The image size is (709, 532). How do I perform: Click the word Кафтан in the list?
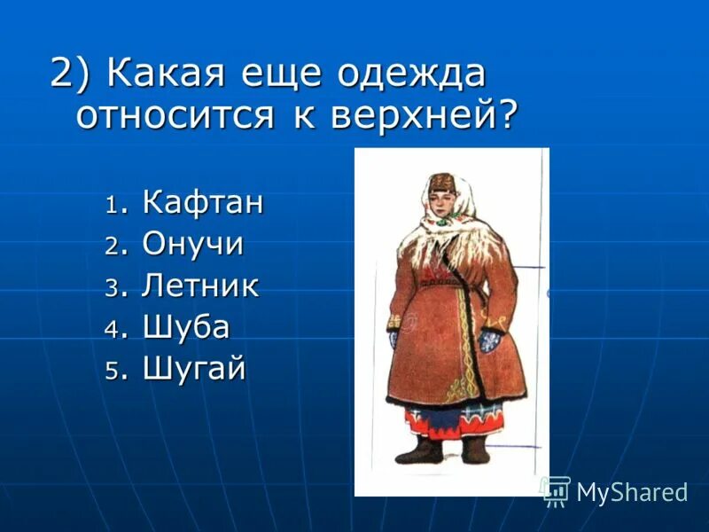[x=203, y=202]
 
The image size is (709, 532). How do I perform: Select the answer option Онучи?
[x=192, y=244]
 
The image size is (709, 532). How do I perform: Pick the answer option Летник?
[x=200, y=286]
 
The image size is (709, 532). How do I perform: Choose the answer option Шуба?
[x=186, y=327]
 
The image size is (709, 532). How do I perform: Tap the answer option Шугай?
[x=193, y=369]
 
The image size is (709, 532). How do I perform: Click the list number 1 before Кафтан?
[x=112, y=205]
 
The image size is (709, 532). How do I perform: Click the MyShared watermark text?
[x=632, y=492]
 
